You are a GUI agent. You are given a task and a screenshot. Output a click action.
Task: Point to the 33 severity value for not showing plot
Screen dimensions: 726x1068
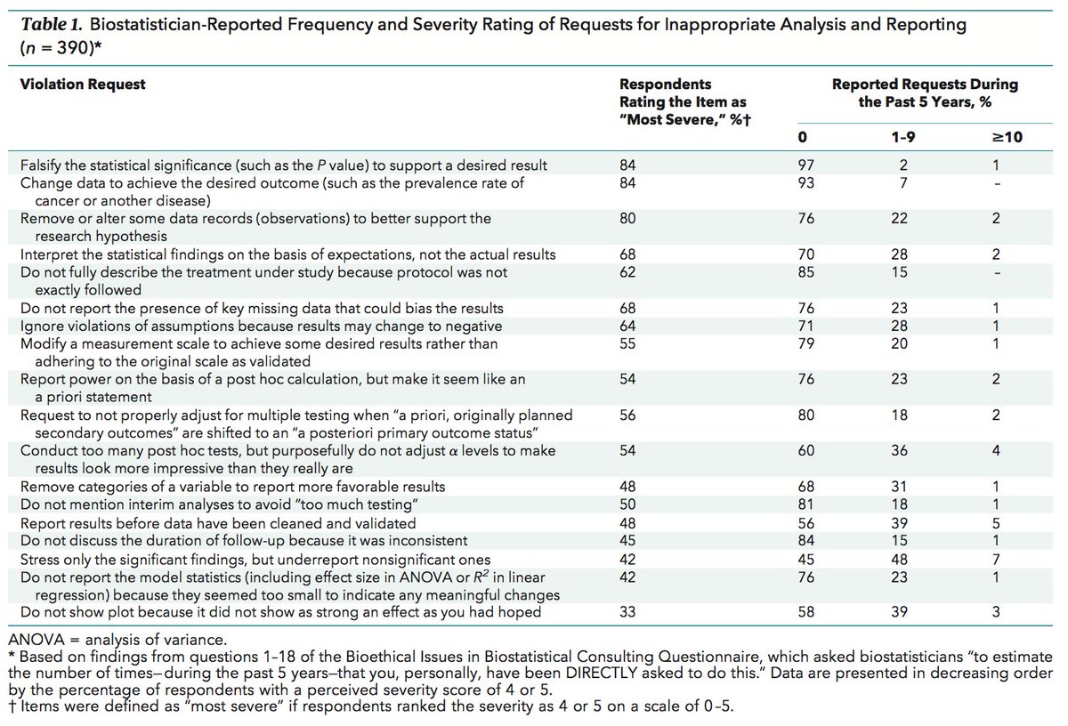[628, 612]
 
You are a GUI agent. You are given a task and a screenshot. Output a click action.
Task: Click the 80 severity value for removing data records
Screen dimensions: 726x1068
[628, 218]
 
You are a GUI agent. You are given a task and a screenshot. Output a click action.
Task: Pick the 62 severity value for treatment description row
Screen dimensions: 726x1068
[628, 272]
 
